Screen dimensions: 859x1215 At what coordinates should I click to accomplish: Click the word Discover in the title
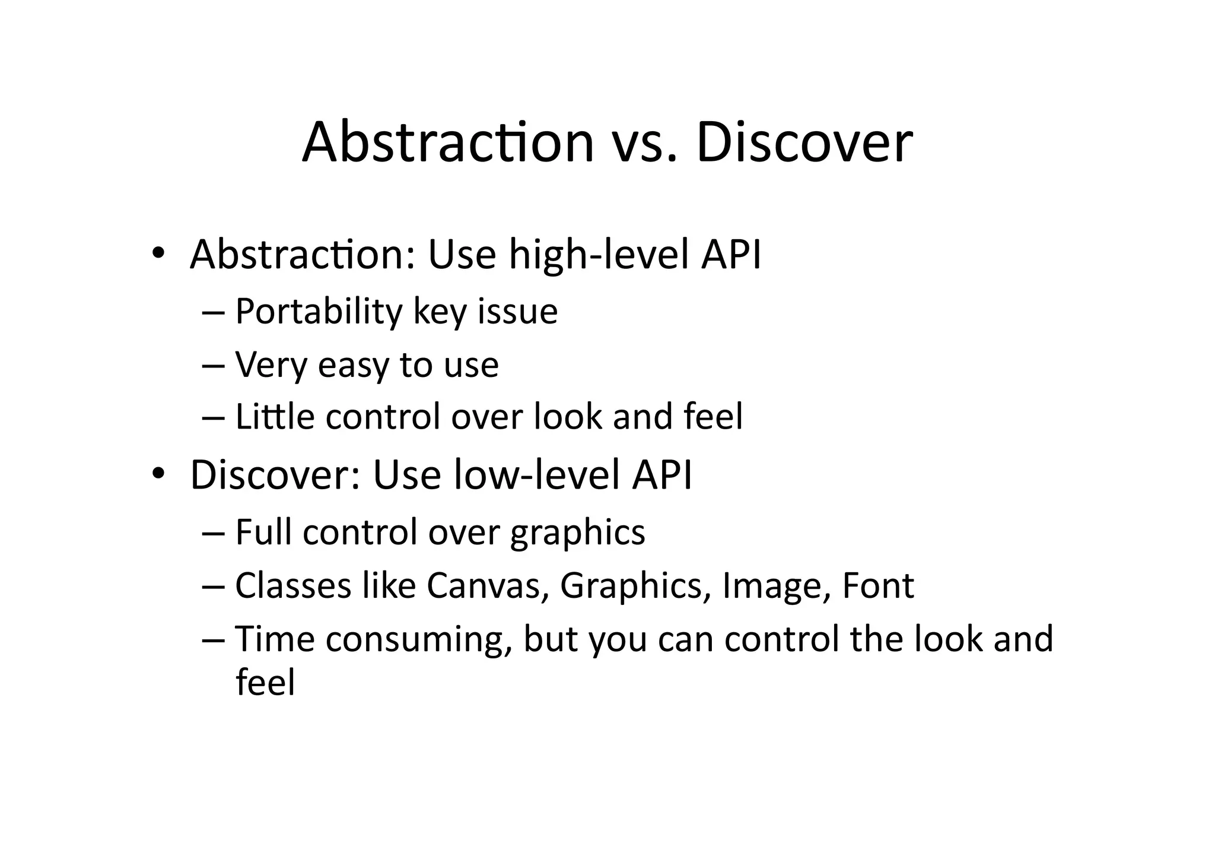tap(804, 142)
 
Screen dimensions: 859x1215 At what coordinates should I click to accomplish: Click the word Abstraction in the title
tap(448, 142)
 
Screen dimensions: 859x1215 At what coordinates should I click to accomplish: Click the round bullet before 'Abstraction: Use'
tap(157, 253)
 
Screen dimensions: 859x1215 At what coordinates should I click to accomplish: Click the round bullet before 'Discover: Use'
tap(157, 474)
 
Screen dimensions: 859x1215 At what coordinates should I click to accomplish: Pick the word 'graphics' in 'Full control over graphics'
tap(577, 532)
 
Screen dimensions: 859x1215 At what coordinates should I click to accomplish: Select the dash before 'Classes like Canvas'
tap(213, 587)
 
